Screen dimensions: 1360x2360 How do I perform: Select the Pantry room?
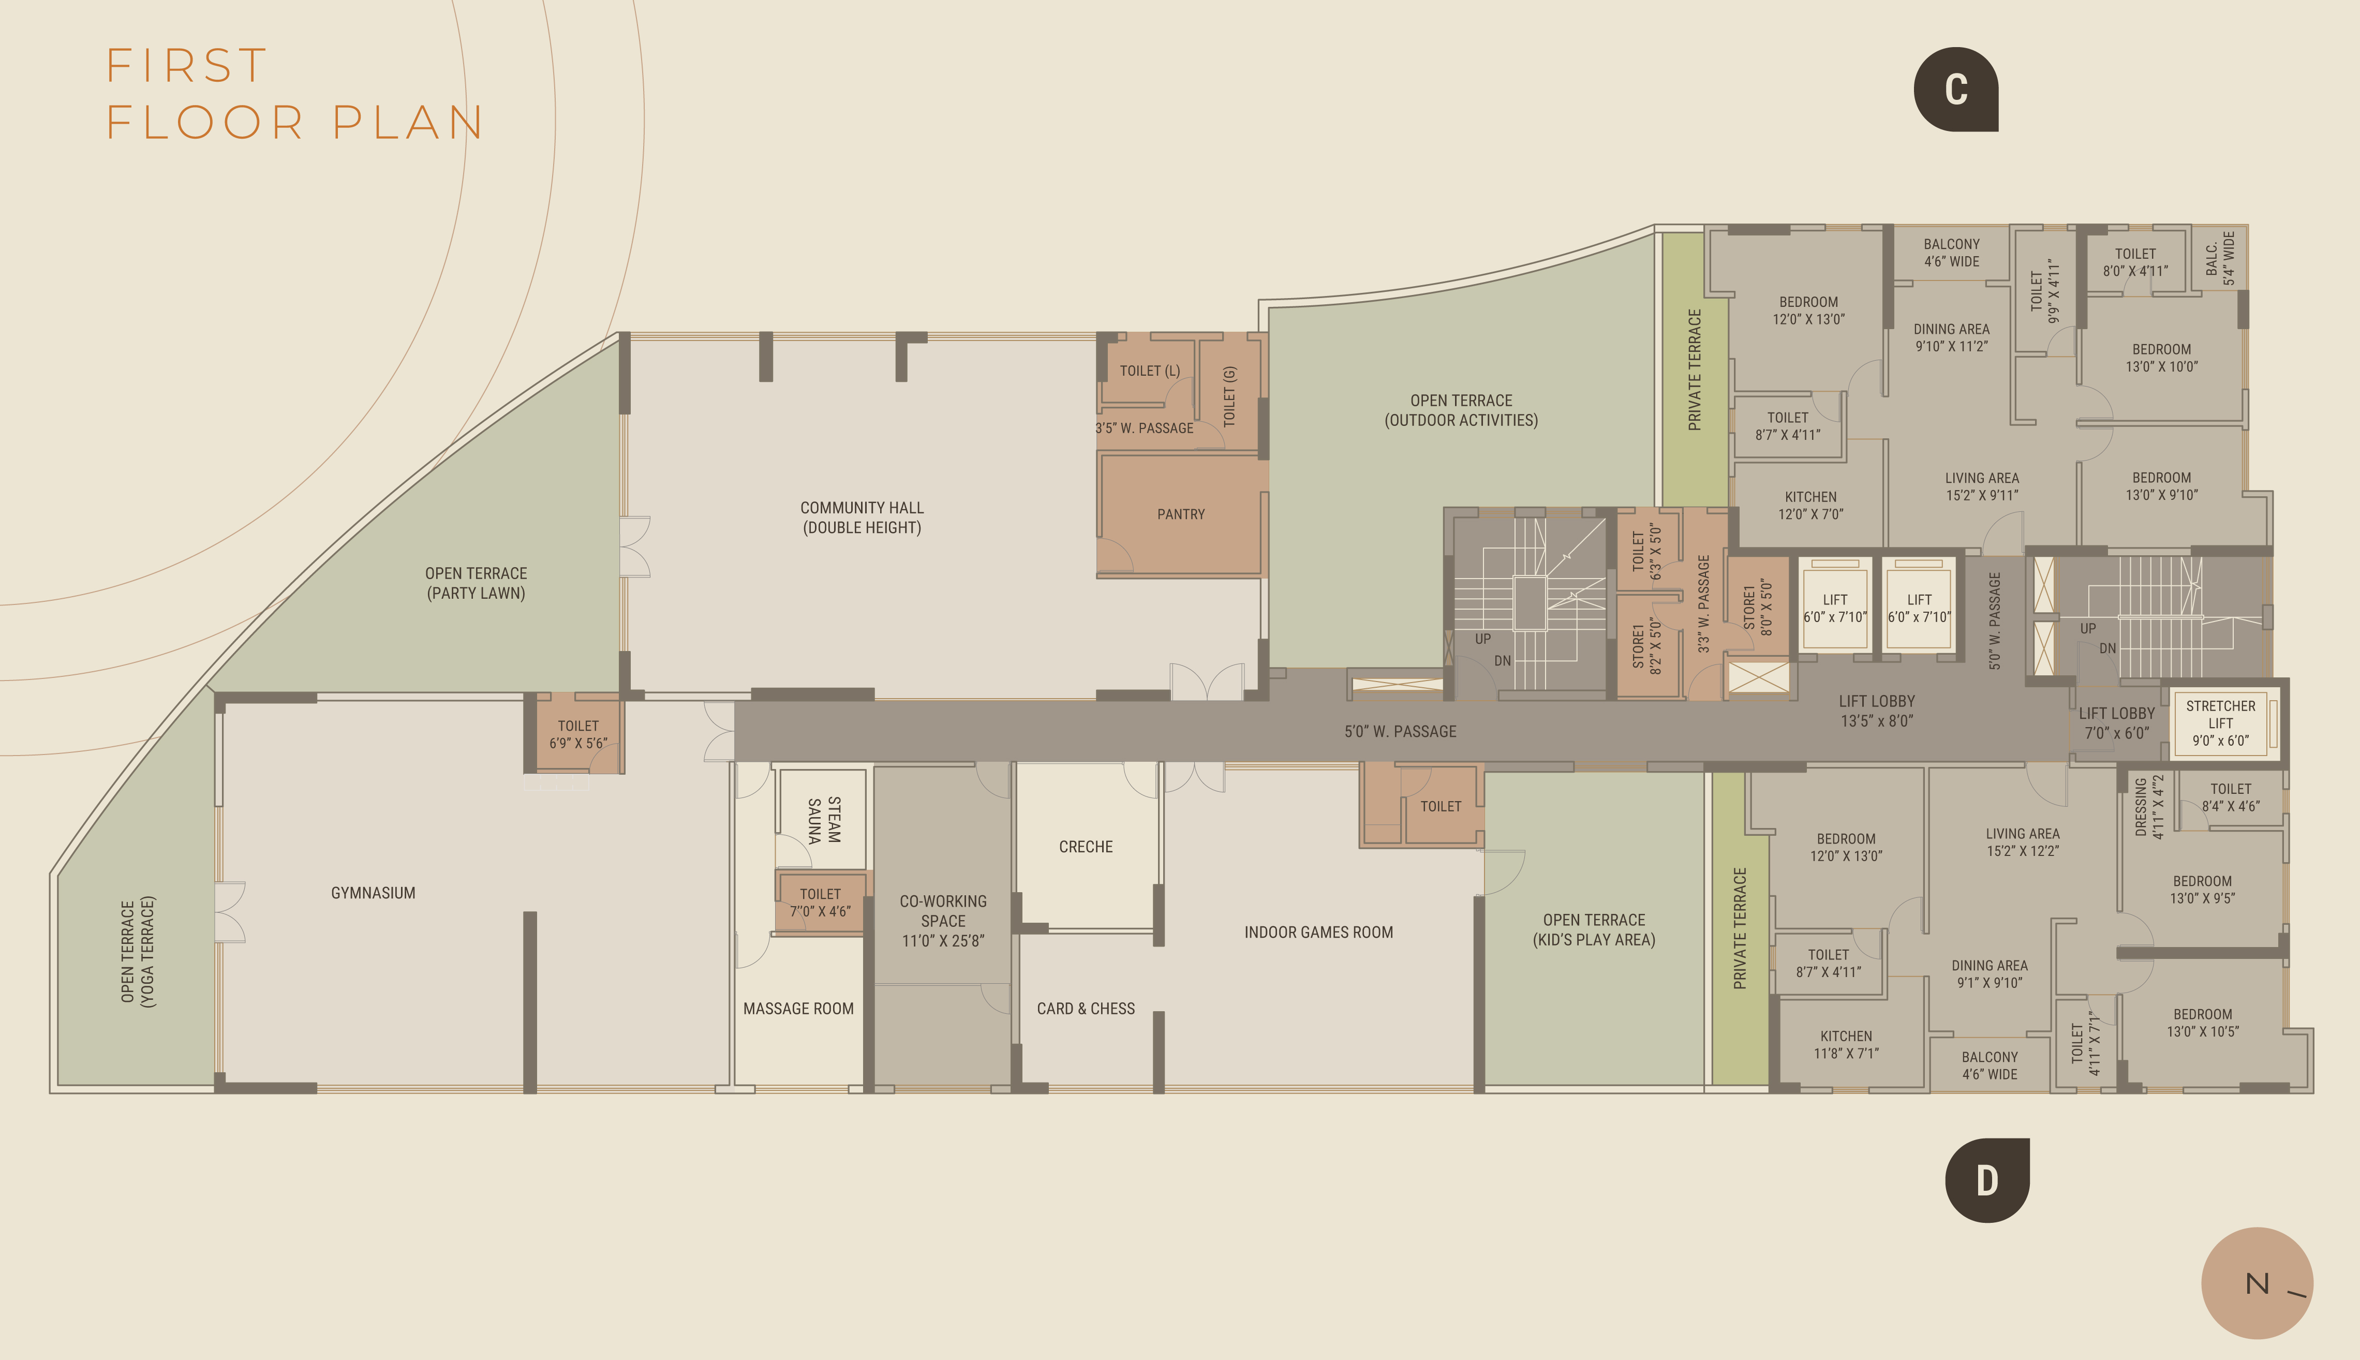pos(1180,514)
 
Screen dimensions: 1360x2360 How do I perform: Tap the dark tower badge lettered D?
pos(1986,1180)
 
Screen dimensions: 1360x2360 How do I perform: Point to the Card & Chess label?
pos(1085,1009)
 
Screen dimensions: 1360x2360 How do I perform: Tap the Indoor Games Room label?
pos(1318,932)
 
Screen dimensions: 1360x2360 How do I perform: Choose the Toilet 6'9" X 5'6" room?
pos(578,734)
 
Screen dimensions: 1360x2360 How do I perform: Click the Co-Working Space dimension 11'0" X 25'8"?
pos(942,941)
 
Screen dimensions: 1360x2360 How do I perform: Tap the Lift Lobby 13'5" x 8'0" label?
pos(1876,711)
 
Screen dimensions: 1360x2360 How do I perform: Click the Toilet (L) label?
pos(1150,371)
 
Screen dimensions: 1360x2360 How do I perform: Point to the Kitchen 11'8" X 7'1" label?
pos(1845,1044)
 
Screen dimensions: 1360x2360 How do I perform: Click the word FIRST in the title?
pos(187,65)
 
